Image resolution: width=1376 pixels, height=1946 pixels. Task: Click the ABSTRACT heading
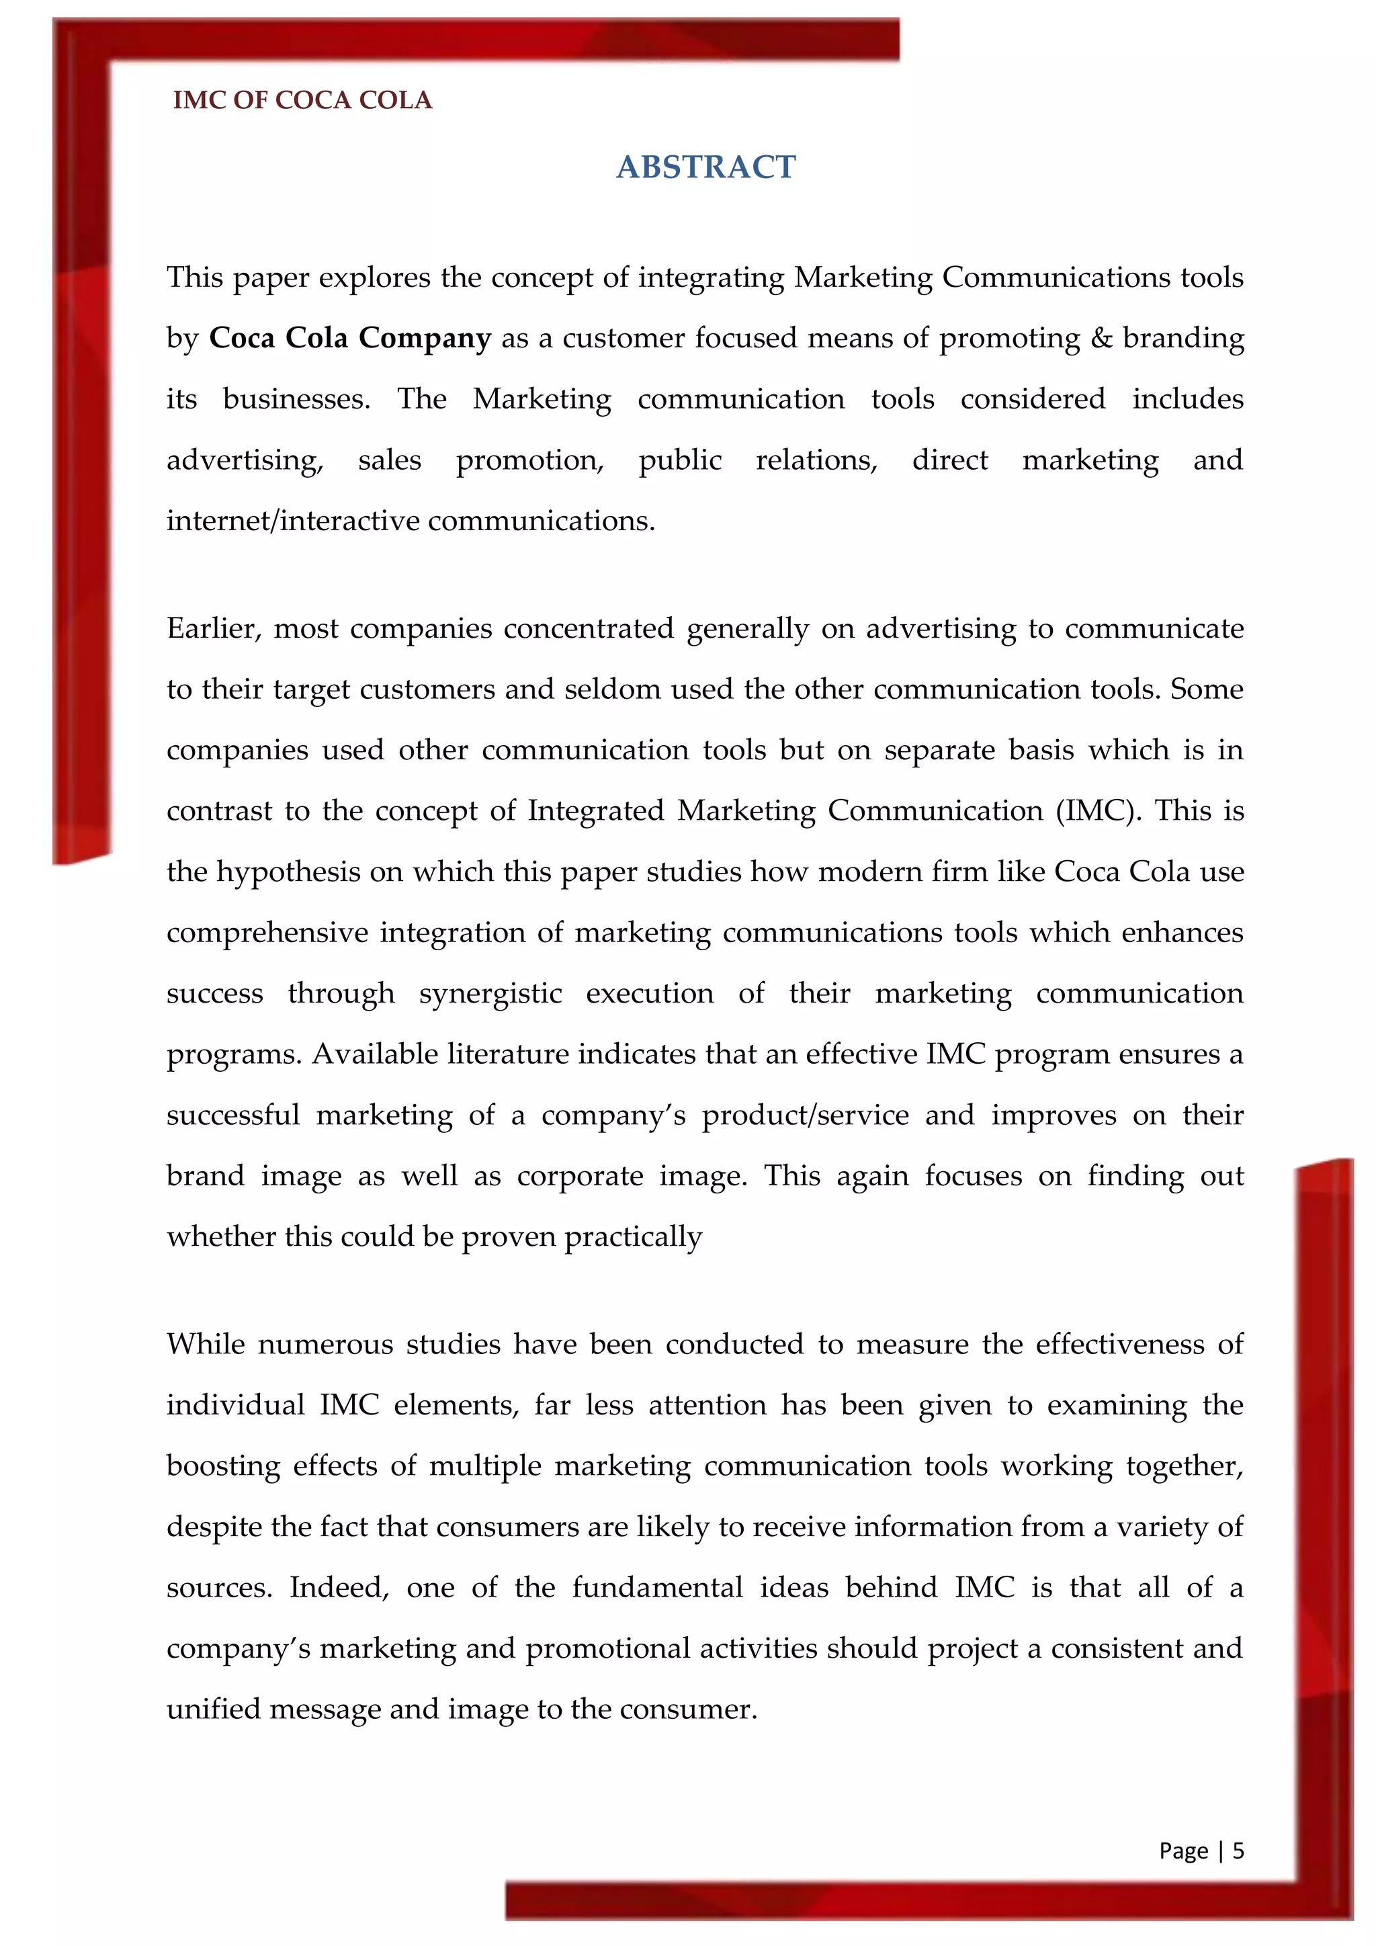tap(705, 167)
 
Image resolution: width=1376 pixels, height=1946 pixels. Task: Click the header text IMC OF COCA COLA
tap(302, 100)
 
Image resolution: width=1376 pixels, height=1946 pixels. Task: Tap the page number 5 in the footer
tap(1238, 1849)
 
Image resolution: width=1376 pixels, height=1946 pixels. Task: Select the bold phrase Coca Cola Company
tap(350, 338)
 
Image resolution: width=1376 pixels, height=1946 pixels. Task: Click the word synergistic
tap(490, 993)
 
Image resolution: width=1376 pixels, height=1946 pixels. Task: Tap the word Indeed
tap(338, 1587)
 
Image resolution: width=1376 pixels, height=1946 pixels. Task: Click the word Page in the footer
tap(1182, 1850)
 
